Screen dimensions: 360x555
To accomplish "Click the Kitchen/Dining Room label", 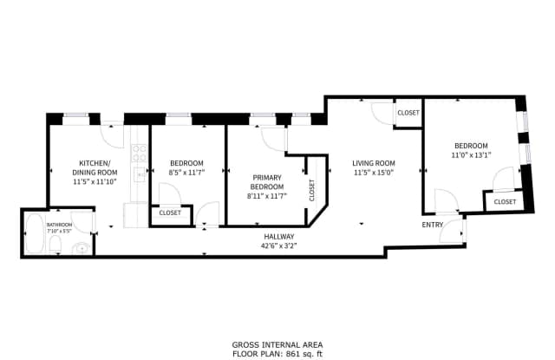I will point(94,167).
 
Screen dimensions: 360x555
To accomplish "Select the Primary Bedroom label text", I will point(266,182).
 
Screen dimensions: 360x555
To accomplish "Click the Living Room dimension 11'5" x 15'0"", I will point(373,173).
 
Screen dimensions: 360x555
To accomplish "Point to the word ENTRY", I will point(432,225).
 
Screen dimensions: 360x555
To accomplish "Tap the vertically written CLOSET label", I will point(312,189).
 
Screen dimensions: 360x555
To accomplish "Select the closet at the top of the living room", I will point(408,114).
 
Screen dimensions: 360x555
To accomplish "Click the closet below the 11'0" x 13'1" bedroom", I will point(505,201).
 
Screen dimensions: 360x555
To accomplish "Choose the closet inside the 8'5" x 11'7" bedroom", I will point(170,213).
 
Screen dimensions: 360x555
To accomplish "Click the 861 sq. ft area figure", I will point(309,353).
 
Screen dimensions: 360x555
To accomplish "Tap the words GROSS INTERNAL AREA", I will point(279,344).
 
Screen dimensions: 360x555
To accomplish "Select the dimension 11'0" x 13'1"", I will point(471,156).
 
